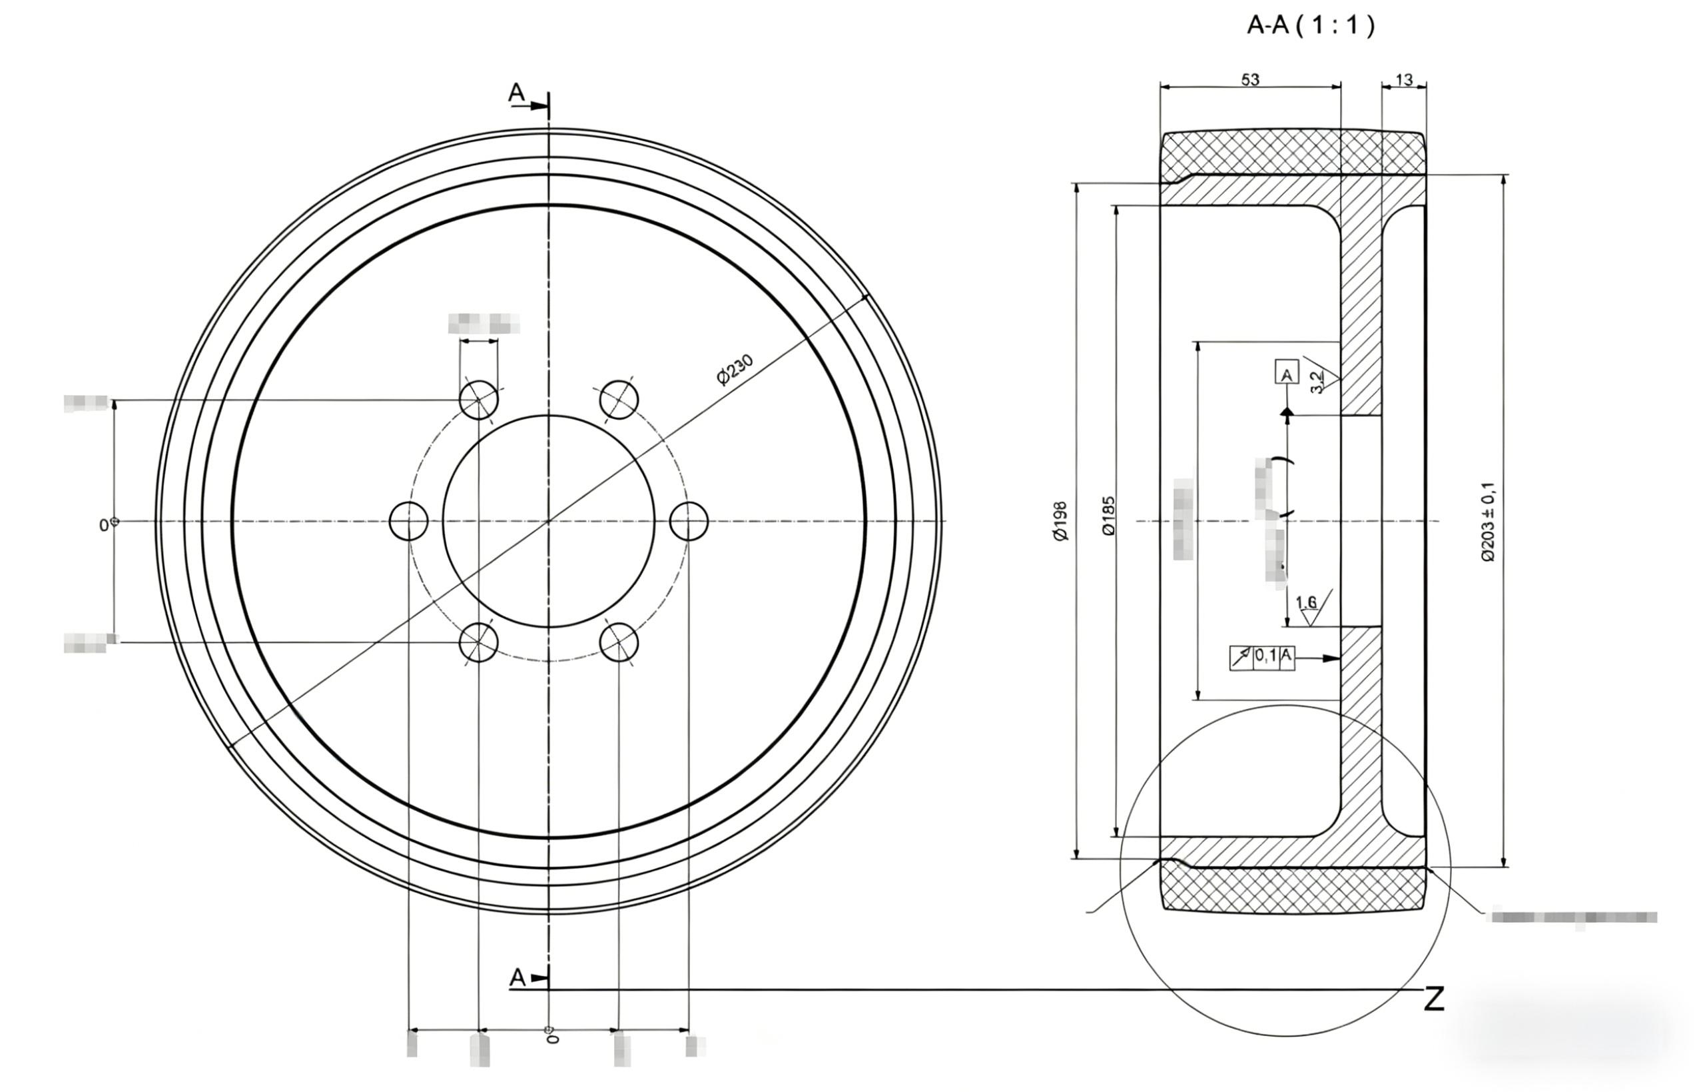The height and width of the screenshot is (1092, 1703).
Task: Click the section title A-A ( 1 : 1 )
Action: pos(1310,26)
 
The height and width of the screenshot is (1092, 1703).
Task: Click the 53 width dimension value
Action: pos(1250,79)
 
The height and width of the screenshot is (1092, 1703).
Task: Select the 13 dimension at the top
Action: pos(1403,79)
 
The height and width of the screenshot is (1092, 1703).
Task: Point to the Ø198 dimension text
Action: pos(1061,521)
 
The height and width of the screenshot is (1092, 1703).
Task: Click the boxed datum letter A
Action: pos(1286,372)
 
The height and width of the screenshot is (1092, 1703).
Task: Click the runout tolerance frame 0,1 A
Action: pos(1261,658)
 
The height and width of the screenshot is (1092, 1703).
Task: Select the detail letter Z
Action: pos(1434,1000)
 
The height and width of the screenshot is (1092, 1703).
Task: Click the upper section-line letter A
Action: pos(517,92)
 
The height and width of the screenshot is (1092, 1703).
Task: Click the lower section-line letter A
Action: pos(518,978)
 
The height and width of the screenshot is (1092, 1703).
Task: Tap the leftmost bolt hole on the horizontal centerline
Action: pos(409,521)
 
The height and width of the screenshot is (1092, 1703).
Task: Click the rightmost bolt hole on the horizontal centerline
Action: pos(689,521)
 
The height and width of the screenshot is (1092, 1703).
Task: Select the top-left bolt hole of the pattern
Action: pos(478,399)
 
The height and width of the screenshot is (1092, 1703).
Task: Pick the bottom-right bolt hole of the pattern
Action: pos(618,642)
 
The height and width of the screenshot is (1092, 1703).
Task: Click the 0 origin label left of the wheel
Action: pos(103,525)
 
